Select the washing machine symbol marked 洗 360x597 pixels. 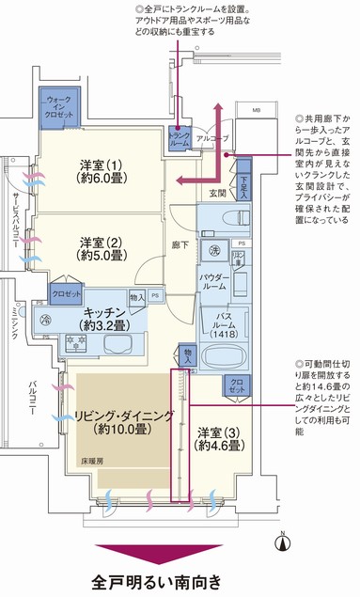pos(214,251)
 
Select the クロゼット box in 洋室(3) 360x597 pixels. pos(234,385)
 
